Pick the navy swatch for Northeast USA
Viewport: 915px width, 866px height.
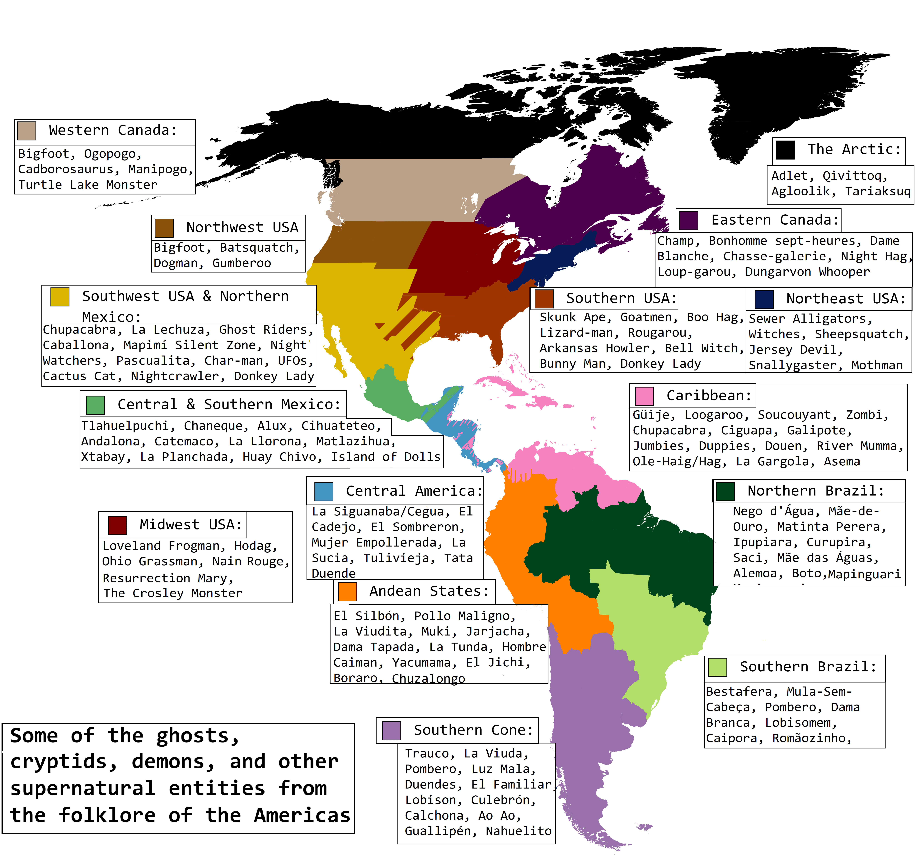764,299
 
